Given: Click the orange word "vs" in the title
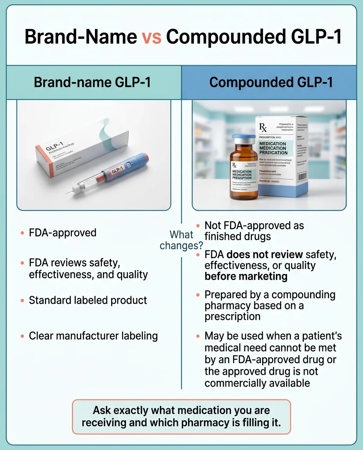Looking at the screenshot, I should [151, 37].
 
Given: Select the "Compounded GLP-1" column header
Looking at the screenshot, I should [271, 82].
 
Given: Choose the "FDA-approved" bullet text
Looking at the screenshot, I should [63, 233].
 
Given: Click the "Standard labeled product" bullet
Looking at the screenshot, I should [88, 300].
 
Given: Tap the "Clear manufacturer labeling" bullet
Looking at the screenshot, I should [93, 336].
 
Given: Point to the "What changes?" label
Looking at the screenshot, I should [181, 240].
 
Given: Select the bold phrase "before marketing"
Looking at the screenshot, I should [246, 277].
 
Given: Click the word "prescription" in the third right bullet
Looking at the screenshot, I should [232, 316].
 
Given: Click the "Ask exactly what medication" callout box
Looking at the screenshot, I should [181, 416].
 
